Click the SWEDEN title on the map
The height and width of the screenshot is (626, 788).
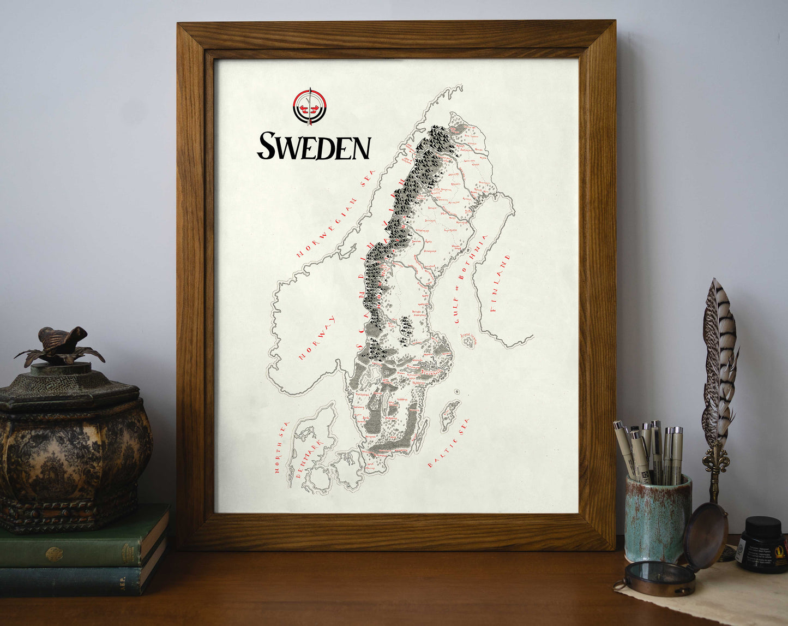point(314,146)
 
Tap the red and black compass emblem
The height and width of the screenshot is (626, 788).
point(309,107)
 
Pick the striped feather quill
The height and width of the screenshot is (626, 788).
point(719,360)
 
